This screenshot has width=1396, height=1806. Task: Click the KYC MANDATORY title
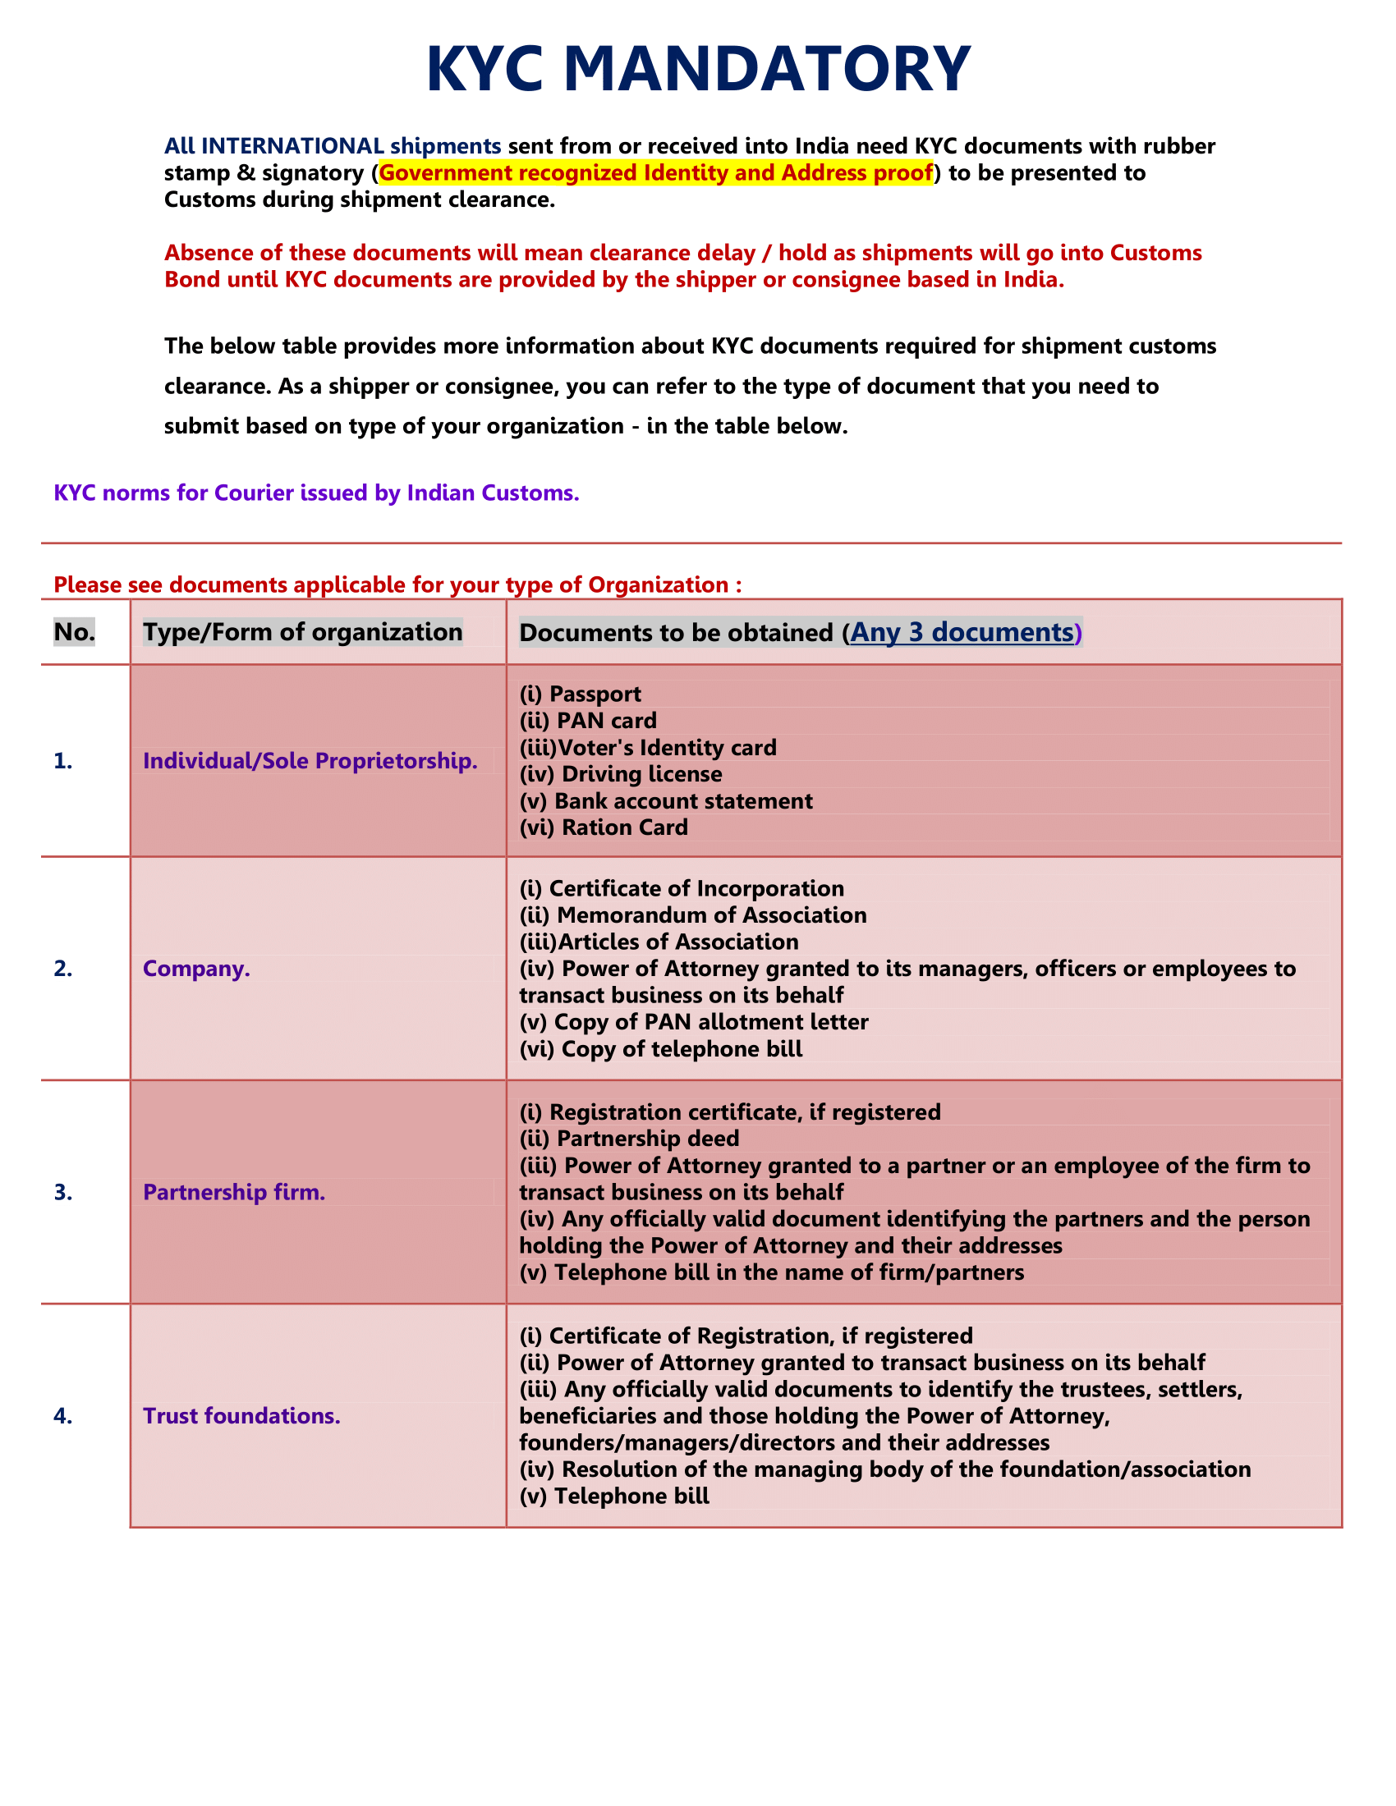(x=698, y=69)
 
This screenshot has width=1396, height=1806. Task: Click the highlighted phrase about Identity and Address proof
(x=655, y=173)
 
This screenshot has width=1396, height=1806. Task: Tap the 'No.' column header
(x=75, y=632)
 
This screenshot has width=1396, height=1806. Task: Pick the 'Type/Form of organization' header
(x=303, y=632)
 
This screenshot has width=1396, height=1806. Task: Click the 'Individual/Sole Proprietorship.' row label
(x=310, y=761)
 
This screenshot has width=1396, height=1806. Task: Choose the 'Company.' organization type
(x=196, y=969)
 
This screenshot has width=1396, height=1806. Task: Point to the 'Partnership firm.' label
(x=234, y=1192)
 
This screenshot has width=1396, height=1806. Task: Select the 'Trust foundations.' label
(x=241, y=1416)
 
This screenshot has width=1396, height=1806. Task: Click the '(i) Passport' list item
(x=580, y=694)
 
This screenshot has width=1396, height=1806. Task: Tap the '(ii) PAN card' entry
(x=587, y=720)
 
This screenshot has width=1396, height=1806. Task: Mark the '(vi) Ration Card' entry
(x=603, y=827)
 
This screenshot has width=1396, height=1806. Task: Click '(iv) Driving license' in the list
(x=620, y=774)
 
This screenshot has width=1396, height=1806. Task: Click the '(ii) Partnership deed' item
(x=628, y=1139)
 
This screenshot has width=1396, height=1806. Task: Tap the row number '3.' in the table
(x=63, y=1192)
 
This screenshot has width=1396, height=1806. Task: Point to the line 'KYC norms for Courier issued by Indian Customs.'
(x=316, y=493)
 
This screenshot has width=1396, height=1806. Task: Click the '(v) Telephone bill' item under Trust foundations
(x=613, y=1496)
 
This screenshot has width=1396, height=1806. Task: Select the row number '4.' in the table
(x=63, y=1416)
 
